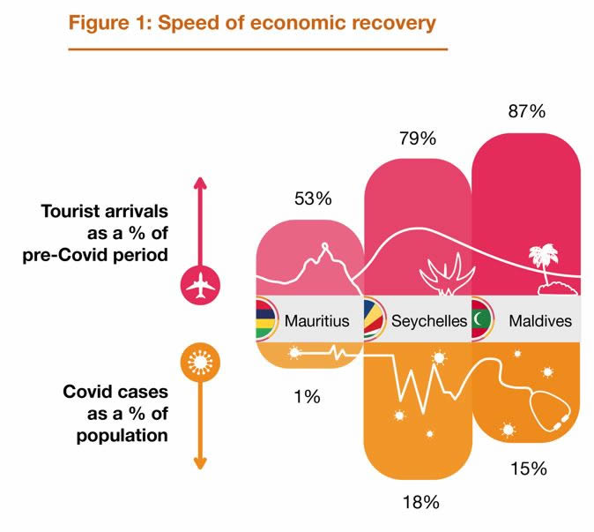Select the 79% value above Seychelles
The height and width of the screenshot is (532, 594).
tap(417, 138)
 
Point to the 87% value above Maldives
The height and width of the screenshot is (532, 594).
tap(526, 111)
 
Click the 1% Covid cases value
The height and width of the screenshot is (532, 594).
tap(307, 397)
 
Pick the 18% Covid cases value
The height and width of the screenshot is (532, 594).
tap(420, 503)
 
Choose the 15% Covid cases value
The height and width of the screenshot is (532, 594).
tap(528, 468)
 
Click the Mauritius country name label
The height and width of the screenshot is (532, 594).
tap(316, 321)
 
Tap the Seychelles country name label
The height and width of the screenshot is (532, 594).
tap(429, 321)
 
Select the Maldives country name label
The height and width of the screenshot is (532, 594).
tap(539, 321)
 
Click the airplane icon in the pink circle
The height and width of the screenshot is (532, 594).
tap(200, 284)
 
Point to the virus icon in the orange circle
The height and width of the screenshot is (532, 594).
tap(200, 360)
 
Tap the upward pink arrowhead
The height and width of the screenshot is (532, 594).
tap(200, 183)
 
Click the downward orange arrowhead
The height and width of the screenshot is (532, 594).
tap(200, 462)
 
